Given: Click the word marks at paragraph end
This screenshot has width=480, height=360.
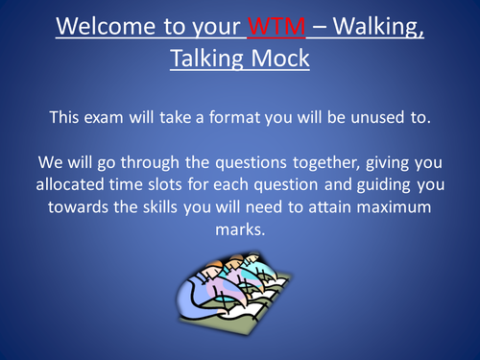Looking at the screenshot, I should pyautogui.click(x=239, y=231).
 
